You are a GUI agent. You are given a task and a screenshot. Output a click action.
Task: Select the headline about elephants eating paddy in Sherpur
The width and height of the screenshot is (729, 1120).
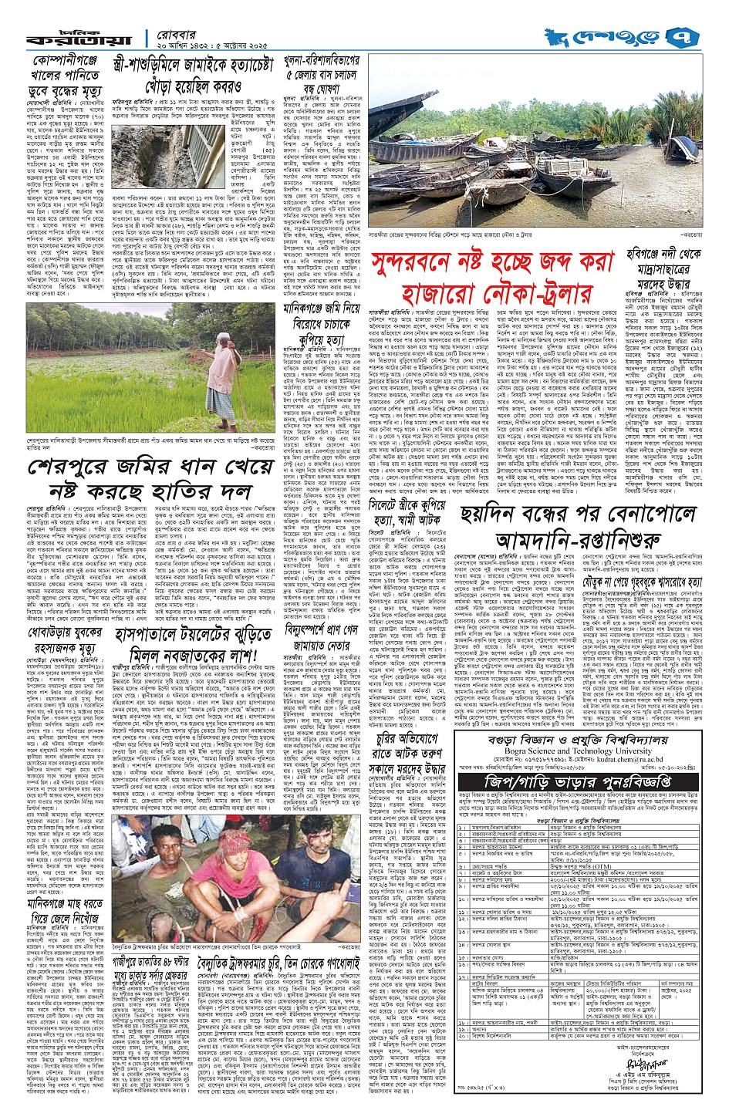139,480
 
